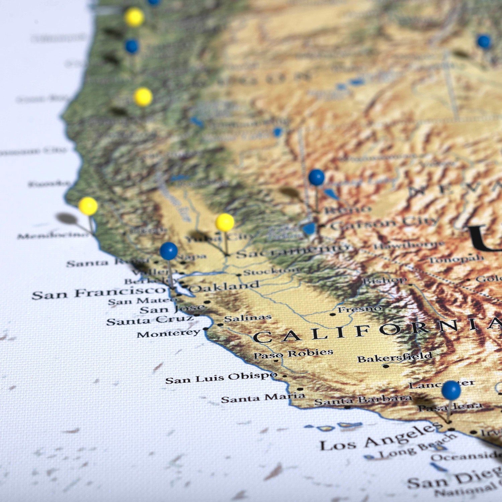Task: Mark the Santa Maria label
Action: [x=263, y=398]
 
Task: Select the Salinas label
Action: [x=248, y=318]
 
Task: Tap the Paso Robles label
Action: [x=293, y=353]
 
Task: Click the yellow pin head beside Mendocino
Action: [x=88, y=206]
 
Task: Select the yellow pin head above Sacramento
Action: [x=225, y=222]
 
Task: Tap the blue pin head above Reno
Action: [x=316, y=177]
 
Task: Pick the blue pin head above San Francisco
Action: [x=169, y=251]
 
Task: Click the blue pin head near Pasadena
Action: [x=451, y=390]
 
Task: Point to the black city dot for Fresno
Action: [x=332, y=315]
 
